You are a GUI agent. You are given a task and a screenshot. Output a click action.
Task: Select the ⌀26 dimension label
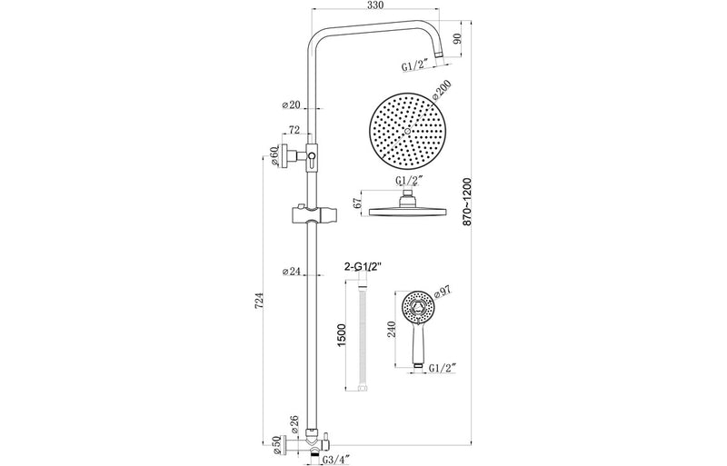[293, 422]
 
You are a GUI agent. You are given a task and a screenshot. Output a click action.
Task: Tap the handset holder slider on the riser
[311, 217]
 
